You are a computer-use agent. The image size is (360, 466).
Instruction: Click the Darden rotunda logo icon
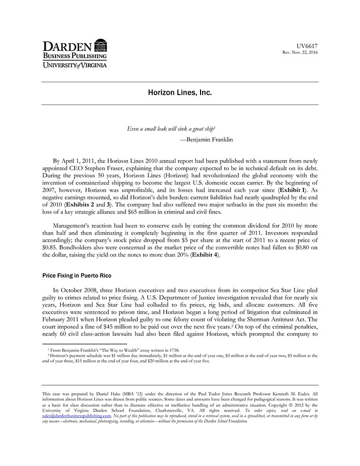pos(101,45)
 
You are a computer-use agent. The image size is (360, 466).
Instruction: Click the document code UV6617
pos(307,46)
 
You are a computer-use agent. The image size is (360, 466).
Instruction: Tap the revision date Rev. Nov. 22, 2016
pos(300,53)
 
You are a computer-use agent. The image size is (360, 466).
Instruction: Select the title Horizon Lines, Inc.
pos(179,93)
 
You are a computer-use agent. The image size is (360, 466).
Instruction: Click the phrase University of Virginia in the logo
pos(75,65)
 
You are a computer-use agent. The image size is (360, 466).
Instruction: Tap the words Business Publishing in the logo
pos(75,56)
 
